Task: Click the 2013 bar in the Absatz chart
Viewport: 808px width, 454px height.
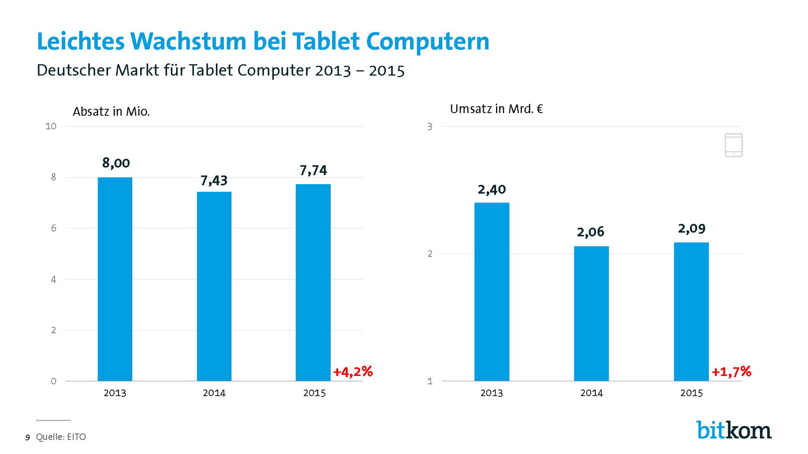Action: (x=115, y=279)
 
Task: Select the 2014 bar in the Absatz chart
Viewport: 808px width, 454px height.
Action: (x=214, y=286)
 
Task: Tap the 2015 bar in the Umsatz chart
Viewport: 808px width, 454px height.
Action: (x=691, y=311)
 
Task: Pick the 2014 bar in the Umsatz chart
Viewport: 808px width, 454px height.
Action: (x=591, y=313)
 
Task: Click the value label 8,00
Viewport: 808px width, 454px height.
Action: (x=116, y=163)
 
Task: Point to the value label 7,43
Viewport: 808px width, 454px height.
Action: (x=214, y=180)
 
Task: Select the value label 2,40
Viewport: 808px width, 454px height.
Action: (x=491, y=190)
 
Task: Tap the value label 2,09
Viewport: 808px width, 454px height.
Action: (x=691, y=228)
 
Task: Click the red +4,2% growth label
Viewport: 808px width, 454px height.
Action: (x=353, y=372)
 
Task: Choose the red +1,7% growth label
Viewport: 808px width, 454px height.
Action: (x=731, y=372)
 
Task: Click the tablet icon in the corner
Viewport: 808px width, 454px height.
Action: (x=734, y=145)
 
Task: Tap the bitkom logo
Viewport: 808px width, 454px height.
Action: (x=734, y=430)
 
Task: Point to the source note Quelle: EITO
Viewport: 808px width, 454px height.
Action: (x=61, y=437)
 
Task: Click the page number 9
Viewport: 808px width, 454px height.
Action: (x=27, y=437)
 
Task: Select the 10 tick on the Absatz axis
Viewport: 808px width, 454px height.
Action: (x=51, y=126)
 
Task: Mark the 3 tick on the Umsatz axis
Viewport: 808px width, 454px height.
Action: (x=430, y=127)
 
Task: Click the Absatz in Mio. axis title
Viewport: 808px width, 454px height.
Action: (x=111, y=111)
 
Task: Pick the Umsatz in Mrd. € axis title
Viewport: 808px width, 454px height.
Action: (x=496, y=109)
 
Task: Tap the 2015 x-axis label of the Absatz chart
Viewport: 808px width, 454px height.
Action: (x=314, y=393)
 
